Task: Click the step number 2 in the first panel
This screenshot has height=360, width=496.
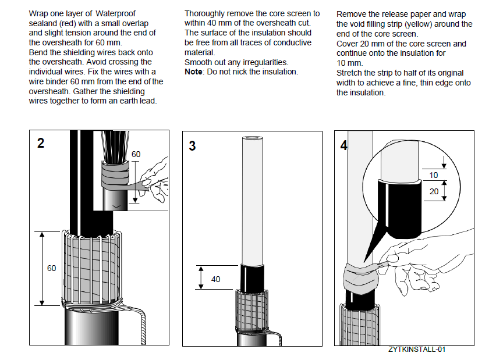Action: click(x=40, y=143)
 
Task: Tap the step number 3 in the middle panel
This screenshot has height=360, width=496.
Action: click(x=193, y=146)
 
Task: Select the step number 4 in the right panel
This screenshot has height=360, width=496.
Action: click(x=343, y=145)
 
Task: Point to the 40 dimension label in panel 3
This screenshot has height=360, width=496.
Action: click(x=215, y=279)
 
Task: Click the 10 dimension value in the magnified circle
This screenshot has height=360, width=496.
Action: click(x=433, y=175)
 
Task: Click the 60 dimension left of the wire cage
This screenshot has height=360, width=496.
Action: click(x=52, y=268)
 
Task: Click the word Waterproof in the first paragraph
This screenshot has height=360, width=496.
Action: click(x=115, y=13)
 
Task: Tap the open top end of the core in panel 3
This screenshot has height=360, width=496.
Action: click(x=253, y=140)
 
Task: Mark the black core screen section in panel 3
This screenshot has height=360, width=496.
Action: click(x=252, y=277)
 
